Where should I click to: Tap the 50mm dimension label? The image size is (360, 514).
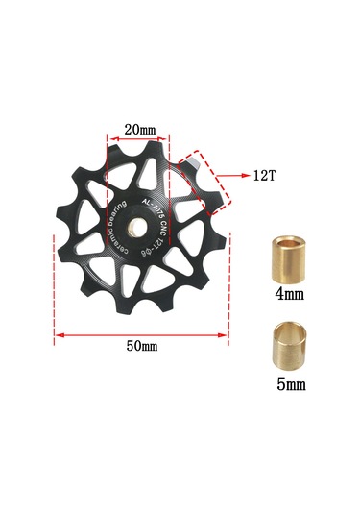[x=142, y=345]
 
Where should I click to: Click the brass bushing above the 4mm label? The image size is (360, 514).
[x=288, y=257]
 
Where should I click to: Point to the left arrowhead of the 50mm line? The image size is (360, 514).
[x=59, y=334]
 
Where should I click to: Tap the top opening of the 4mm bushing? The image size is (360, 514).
[x=288, y=240]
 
